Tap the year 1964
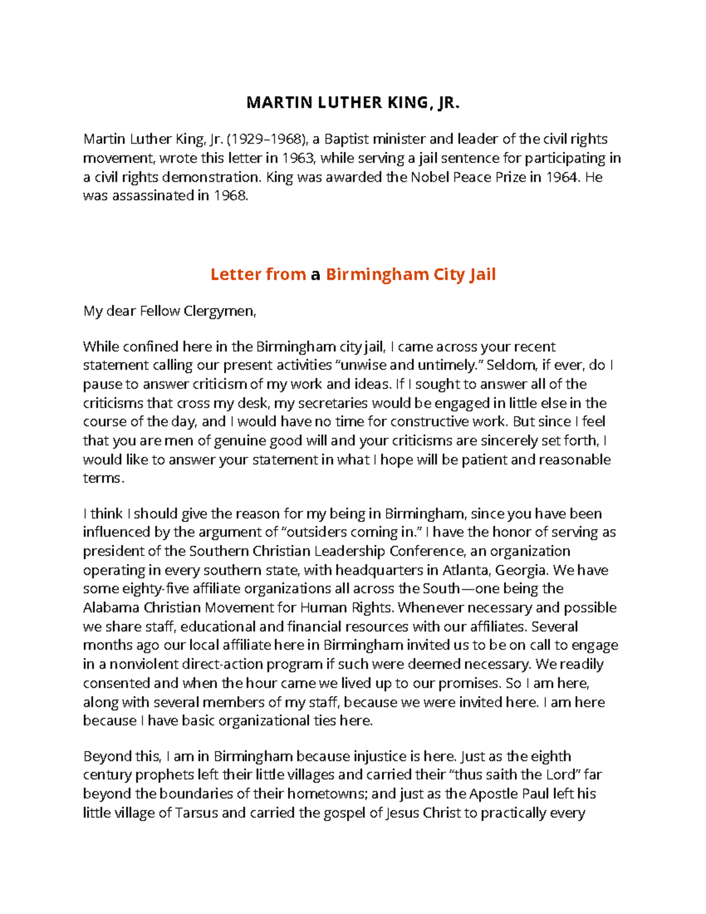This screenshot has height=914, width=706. (x=561, y=177)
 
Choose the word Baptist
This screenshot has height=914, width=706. (x=347, y=139)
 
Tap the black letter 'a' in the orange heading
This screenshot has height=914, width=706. (x=315, y=274)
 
